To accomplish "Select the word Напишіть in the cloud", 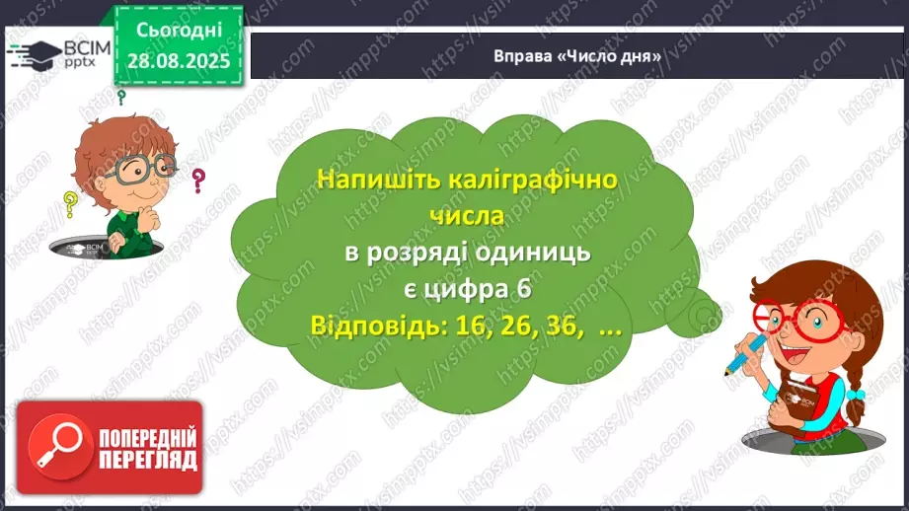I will (x=370, y=180).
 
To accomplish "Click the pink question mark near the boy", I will (x=198, y=181).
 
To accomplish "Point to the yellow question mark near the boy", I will (x=70, y=204).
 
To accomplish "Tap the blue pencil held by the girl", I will (x=743, y=352).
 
